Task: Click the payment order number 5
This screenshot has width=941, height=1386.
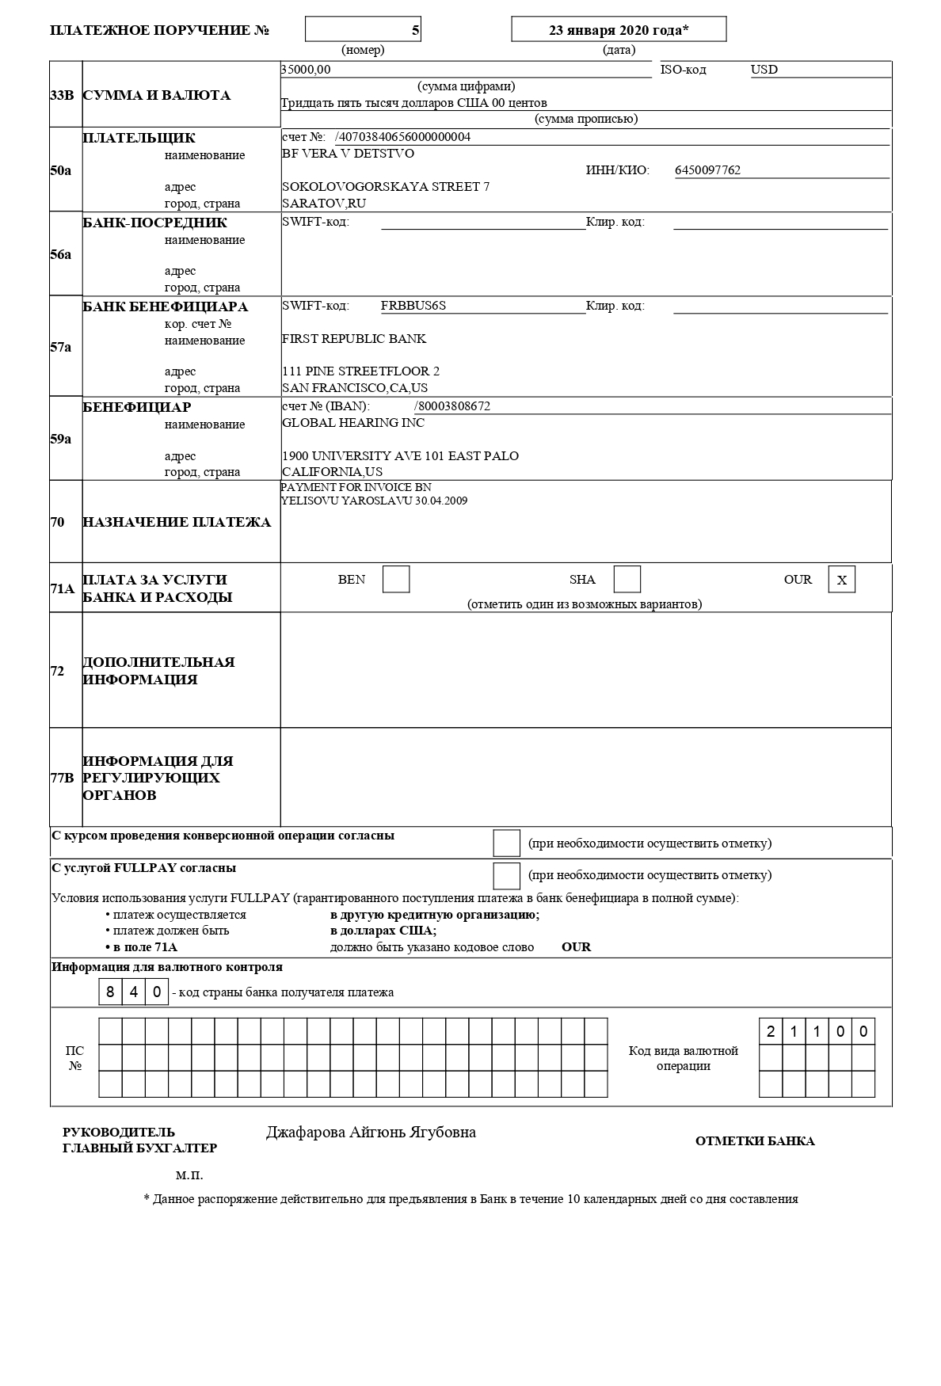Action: pos(415,30)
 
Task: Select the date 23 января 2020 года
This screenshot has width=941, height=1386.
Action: pos(618,30)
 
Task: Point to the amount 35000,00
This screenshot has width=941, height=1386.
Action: pos(306,70)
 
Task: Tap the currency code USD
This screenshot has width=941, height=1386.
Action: pos(764,70)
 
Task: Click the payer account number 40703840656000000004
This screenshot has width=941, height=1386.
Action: pos(404,137)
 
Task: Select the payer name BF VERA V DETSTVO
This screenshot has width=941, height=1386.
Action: pos(348,154)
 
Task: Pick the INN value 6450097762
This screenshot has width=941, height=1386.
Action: pos(707,170)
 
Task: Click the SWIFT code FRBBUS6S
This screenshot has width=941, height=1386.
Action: pos(413,306)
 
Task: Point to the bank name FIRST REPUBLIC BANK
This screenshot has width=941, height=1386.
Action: pos(354,339)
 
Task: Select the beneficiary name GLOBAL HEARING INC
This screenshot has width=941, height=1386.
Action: pos(353,423)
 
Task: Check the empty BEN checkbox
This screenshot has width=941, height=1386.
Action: pos(396,580)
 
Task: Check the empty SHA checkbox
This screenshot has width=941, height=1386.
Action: pos(627,580)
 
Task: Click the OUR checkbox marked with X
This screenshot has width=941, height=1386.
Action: pos(842,580)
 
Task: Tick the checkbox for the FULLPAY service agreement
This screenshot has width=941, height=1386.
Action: pos(507,875)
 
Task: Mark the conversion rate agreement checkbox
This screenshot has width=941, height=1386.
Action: pos(507,843)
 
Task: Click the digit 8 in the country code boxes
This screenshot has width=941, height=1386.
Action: pos(110,992)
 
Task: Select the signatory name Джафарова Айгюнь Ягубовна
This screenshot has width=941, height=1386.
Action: pos(371,1133)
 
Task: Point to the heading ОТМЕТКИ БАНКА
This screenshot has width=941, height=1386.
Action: pos(755,1141)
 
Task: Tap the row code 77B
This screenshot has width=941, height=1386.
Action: pos(62,778)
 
